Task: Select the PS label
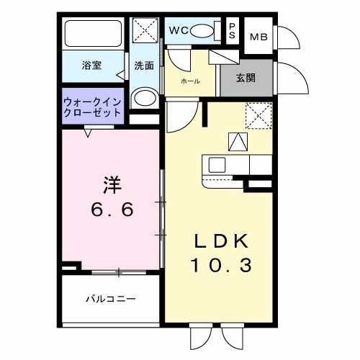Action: pos(233,31)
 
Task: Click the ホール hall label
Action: pos(190,81)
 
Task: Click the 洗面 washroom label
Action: pos(144,66)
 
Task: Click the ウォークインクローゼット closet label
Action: pos(92,107)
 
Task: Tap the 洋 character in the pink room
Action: pos(109,184)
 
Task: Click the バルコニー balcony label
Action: pos(110,297)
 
